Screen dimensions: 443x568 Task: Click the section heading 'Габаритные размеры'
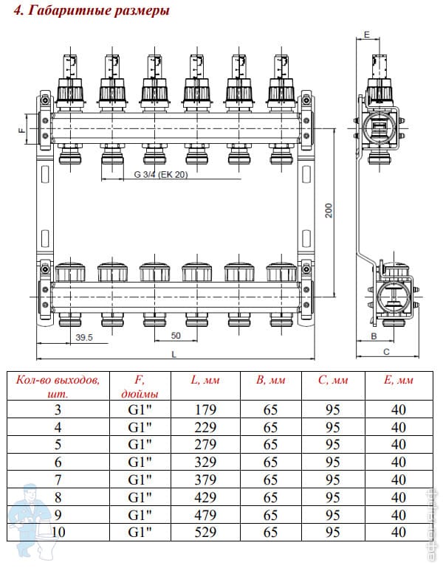[99, 10]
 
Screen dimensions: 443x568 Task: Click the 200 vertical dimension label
[329, 210]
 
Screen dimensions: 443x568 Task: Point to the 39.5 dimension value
[84, 337]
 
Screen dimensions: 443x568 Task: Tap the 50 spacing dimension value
[176, 336]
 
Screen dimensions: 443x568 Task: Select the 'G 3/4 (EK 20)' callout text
[161, 174]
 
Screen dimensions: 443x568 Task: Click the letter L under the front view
[174, 354]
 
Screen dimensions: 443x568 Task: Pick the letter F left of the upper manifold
[22, 129]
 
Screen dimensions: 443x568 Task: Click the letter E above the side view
[367, 35]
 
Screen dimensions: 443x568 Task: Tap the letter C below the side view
[386, 352]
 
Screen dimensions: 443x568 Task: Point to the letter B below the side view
[374, 336]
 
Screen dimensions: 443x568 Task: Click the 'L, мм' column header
[205, 380]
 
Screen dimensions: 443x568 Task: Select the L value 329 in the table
[205, 463]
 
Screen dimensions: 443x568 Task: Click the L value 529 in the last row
[205, 532]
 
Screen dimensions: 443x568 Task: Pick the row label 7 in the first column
[58, 480]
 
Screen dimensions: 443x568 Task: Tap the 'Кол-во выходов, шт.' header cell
[58, 386]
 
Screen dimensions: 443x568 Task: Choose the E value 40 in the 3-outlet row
[399, 409]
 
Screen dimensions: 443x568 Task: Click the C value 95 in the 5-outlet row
[333, 445]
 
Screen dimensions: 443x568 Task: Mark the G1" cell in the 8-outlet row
[140, 497]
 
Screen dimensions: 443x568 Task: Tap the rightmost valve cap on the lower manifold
[281, 271]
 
